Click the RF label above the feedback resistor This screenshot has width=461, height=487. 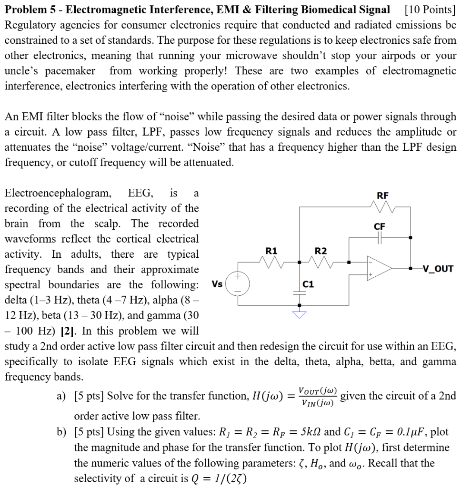(382, 195)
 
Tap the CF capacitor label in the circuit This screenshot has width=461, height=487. (379, 226)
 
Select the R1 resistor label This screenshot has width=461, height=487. (271, 251)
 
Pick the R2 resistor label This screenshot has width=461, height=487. (321, 251)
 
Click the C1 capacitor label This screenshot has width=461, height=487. (309, 285)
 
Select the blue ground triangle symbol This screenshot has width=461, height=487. (300, 315)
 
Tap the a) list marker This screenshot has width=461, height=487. (61, 396)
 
